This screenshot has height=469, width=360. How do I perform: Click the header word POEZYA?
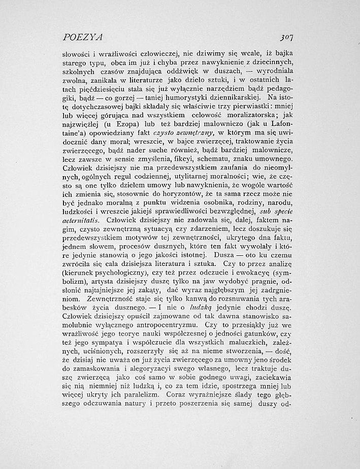coord(81,37)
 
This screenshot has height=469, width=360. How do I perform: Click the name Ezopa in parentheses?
coord(125,123)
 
